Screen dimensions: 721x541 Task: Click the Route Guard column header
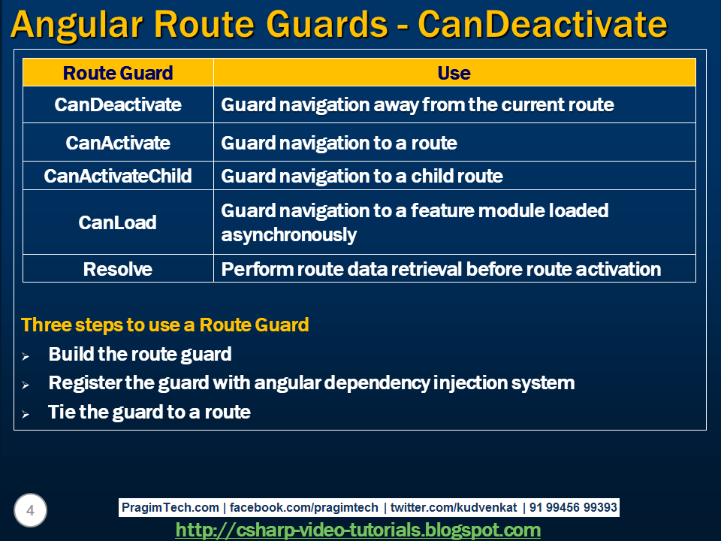point(118,73)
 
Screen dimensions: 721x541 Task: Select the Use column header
point(454,73)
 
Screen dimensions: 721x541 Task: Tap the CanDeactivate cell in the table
point(118,104)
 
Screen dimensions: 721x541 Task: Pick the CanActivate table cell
point(118,143)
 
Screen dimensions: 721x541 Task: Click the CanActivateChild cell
point(118,176)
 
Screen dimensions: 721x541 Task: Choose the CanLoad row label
point(118,222)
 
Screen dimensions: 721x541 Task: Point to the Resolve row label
point(118,269)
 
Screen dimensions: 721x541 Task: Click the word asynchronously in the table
point(288,235)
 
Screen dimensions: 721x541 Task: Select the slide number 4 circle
point(30,510)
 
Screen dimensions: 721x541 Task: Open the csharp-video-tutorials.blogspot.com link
point(357,530)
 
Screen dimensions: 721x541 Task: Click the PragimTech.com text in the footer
point(170,507)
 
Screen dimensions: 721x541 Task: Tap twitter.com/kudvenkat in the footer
point(454,507)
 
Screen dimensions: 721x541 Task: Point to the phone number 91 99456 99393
point(573,507)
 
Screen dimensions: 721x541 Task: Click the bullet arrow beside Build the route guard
point(26,356)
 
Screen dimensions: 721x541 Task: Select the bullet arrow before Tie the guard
point(26,414)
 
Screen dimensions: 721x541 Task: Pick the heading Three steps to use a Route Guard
point(164,325)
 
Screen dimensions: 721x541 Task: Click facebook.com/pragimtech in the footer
point(303,507)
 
